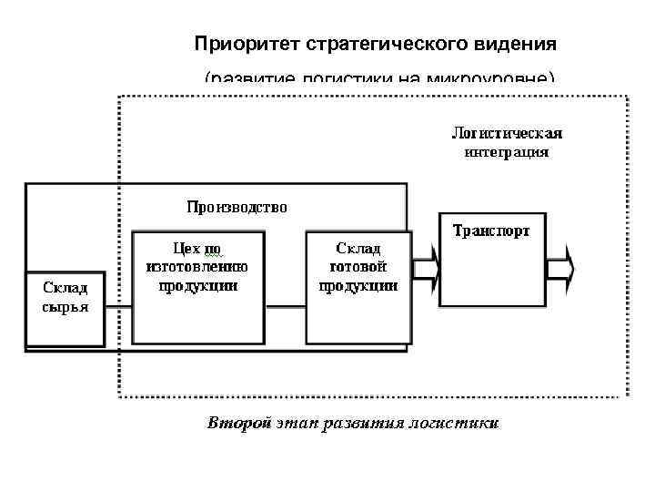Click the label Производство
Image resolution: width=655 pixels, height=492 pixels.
click(237, 207)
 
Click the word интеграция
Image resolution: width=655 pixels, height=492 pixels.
click(507, 152)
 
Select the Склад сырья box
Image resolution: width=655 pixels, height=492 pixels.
click(65, 309)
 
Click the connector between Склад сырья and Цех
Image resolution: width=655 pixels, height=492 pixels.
click(118, 308)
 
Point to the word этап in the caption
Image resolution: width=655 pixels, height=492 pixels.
click(297, 424)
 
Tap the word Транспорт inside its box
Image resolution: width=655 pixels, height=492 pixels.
click(491, 231)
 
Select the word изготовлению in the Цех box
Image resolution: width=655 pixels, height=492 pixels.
click(197, 266)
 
